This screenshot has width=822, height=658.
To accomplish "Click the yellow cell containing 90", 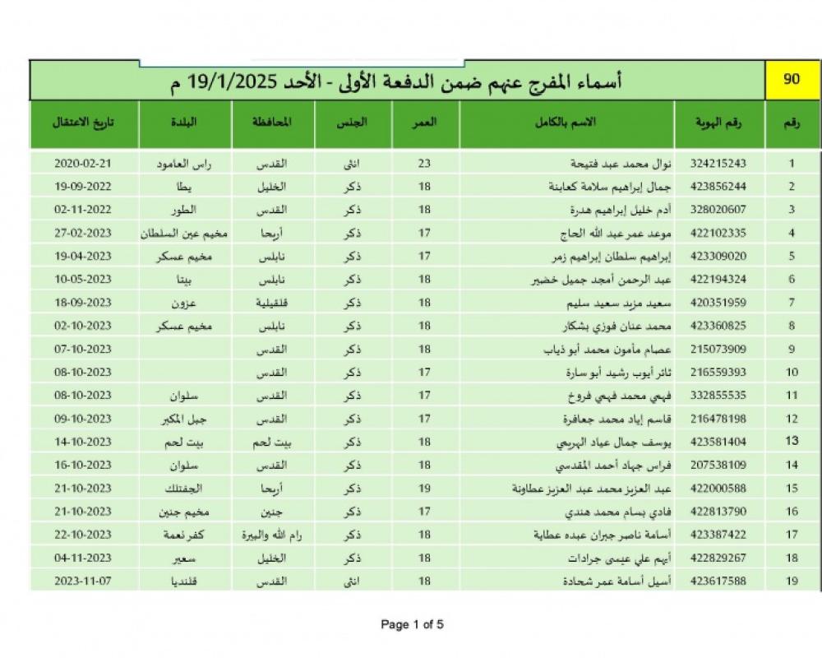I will (792, 81).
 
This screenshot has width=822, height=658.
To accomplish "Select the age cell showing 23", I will (424, 164).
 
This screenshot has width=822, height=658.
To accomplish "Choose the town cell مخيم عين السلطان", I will (185, 233).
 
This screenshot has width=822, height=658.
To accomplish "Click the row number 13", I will (792, 442).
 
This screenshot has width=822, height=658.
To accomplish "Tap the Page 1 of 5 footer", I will (413, 624).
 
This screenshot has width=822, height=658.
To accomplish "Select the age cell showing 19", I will (424, 488).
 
